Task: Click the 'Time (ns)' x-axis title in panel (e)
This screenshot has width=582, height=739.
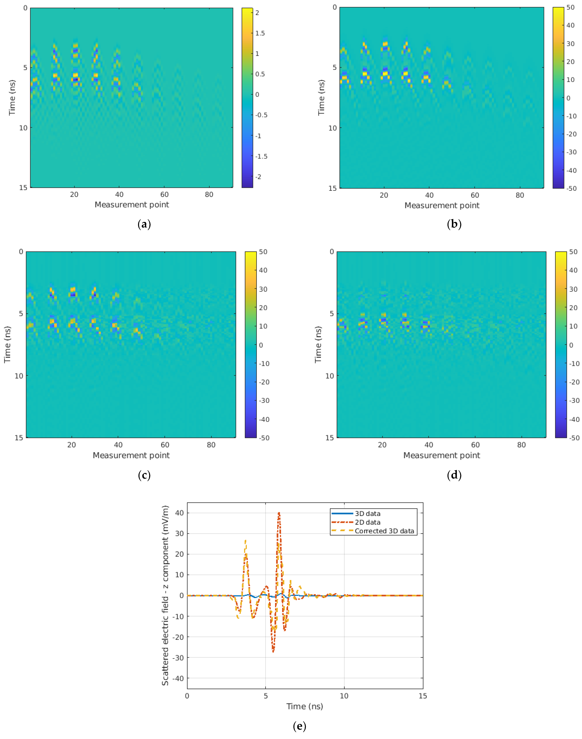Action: (305, 706)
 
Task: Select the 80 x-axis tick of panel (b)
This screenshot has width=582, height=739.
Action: (520, 195)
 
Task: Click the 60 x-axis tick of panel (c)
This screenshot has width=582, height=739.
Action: (165, 445)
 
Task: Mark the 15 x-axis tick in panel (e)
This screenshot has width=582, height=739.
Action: (423, 696)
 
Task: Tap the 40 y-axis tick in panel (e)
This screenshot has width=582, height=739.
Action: (180, 513)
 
